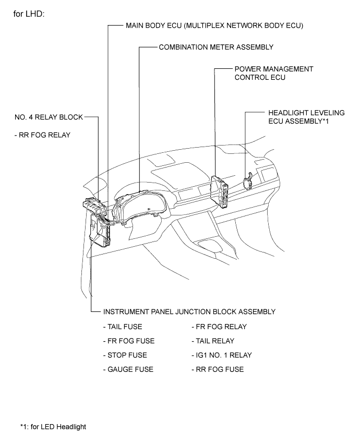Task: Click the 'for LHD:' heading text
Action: [29, 14]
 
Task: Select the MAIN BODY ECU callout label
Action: [214, 26]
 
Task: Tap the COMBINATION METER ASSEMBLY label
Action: [216, 47]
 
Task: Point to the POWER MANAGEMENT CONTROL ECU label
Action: [274, 73]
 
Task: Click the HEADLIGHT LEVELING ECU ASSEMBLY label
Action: [306, 117]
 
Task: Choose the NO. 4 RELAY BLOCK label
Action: [49, 117]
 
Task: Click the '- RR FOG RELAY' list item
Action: [42, 135]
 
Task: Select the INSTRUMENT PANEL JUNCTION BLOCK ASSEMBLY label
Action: [189, 312]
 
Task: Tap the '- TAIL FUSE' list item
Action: [123, 327]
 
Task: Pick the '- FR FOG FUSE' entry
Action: [129, 341]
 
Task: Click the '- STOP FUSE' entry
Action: [125, 355]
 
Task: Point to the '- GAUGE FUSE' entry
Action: [128, 369]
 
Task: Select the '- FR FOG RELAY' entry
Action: [219, 327]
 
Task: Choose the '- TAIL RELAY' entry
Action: [213, 341]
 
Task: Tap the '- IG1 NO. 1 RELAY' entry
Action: [222, 355]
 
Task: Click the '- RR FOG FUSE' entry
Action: [218, 369]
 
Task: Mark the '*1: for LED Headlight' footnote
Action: [53, 427]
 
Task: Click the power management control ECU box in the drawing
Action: [220, 190]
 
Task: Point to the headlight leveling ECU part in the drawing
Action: [248, 181]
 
